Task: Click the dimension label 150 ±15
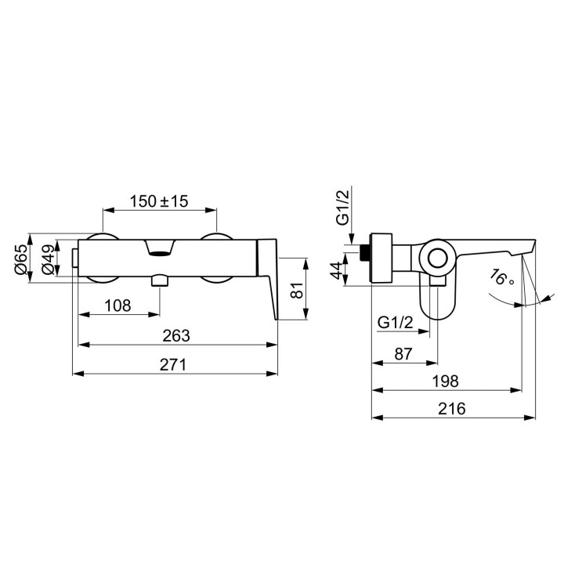(x=158, y=201)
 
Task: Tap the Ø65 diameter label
(x=21, y=259)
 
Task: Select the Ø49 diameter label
(x=49, y=260)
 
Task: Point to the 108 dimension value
(x=117, y=305)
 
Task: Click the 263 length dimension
(x=176, y=335)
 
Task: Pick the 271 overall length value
(x=173, y=365)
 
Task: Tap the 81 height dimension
(x=297, y=290)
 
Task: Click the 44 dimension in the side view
(x=338, y=270)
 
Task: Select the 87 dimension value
(x=403, y=354)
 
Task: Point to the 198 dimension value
(x=445, y=381)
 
